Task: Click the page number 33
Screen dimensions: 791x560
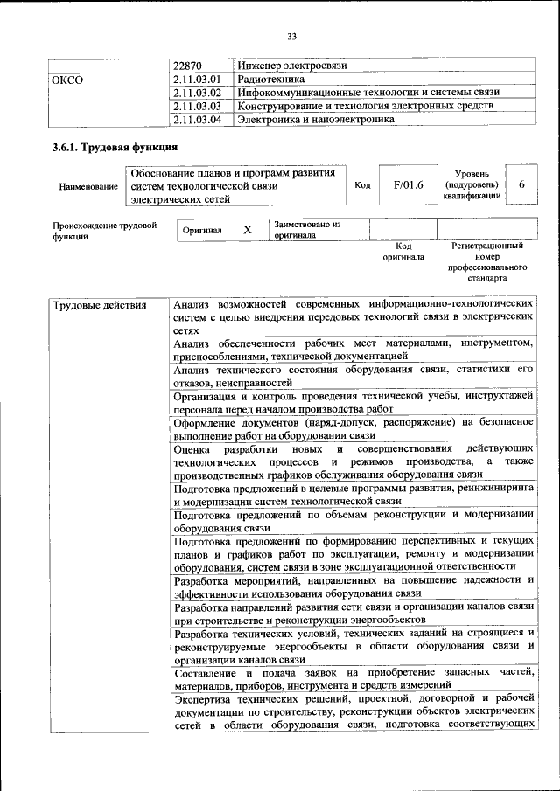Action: [291, 36]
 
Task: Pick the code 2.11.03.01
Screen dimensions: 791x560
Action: [198, 80]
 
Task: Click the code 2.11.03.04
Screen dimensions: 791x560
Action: [198, 119]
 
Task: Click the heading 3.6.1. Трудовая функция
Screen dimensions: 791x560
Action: [115, 147]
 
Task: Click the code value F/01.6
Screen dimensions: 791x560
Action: [408, 185]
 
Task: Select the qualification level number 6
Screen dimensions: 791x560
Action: [521, 185]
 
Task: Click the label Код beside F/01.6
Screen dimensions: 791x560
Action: [362, 185]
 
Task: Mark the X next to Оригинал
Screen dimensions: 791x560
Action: [248, 230]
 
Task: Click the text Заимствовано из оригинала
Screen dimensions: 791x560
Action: [306, 230]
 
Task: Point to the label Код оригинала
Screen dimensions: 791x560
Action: [403, 253]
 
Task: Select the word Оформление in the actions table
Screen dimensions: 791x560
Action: [208, 423]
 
